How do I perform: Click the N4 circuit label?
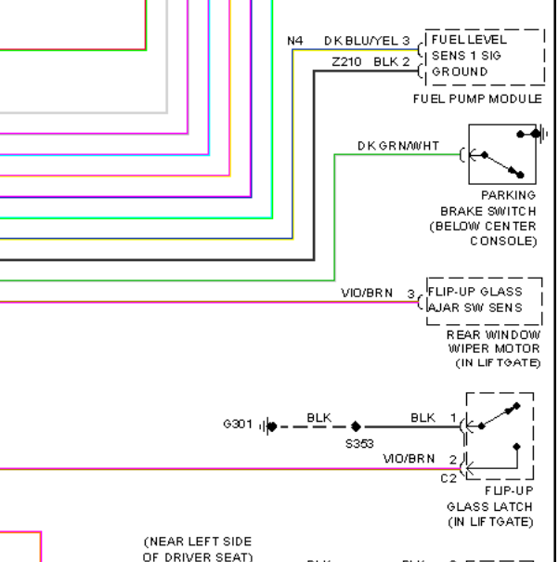pos(294,40)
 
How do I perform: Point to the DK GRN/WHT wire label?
pos(398,146)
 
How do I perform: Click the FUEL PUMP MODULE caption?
pos(477,98)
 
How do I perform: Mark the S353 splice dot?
pos(356,426)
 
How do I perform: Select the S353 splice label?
pos(359,443)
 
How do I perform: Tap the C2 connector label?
pos(448,478)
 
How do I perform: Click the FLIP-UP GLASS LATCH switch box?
pos(499,435)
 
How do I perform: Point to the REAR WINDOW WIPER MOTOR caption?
pos(493,348)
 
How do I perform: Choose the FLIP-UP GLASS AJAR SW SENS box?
pos(483,300)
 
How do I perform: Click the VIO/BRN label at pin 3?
pos(367,294)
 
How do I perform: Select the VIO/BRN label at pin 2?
pos(409,459)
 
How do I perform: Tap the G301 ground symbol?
pos(269,426)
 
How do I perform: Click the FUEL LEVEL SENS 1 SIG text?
pos(469,48)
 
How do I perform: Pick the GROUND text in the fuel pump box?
pos(460,72)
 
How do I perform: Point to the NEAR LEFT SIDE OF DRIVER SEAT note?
pos(197,549)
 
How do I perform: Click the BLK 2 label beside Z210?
pos(391,62)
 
